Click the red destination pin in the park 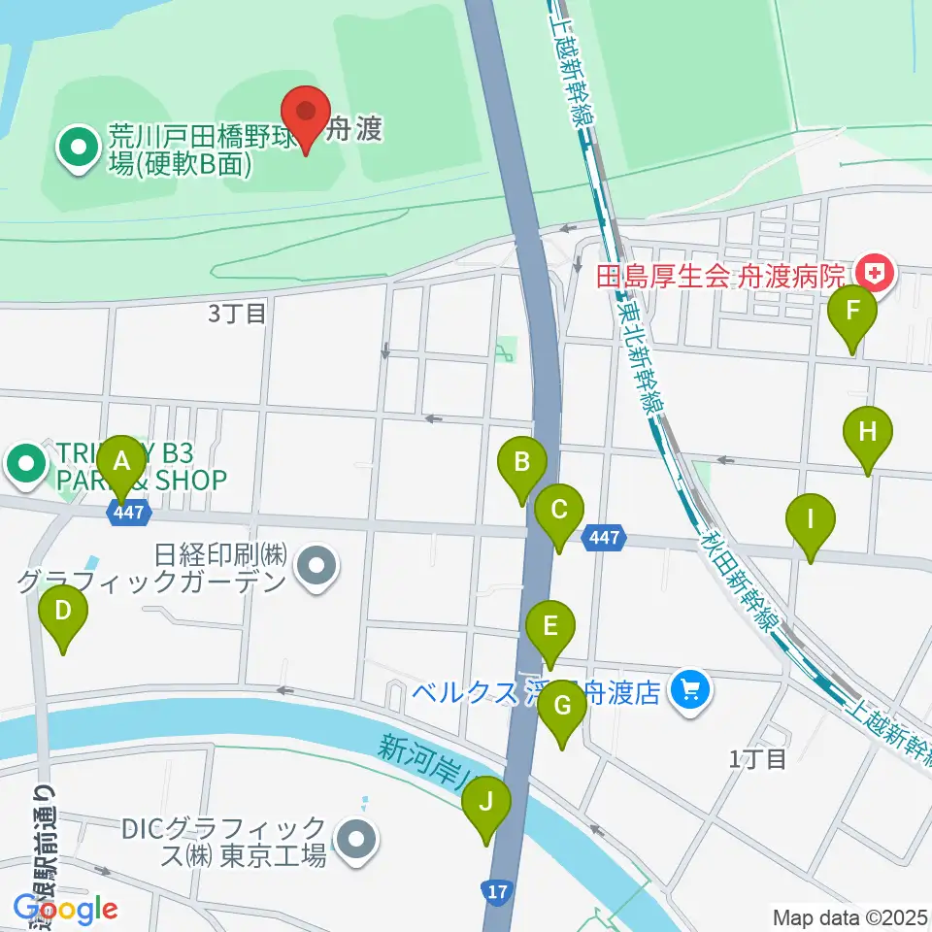[307, 115]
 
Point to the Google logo [66, 909]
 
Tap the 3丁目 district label [237, 314]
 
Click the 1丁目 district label [758, 758]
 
